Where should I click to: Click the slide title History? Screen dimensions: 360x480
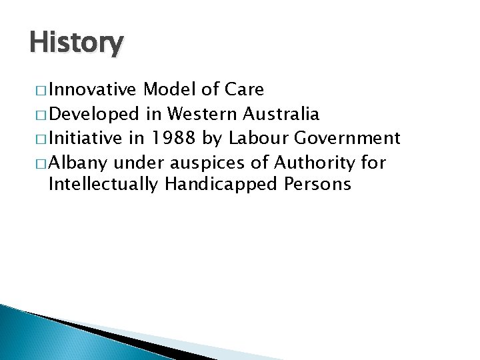point(76,43)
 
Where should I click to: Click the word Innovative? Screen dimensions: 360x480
point(93,90)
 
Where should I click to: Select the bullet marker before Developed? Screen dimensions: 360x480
point(37,115)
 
